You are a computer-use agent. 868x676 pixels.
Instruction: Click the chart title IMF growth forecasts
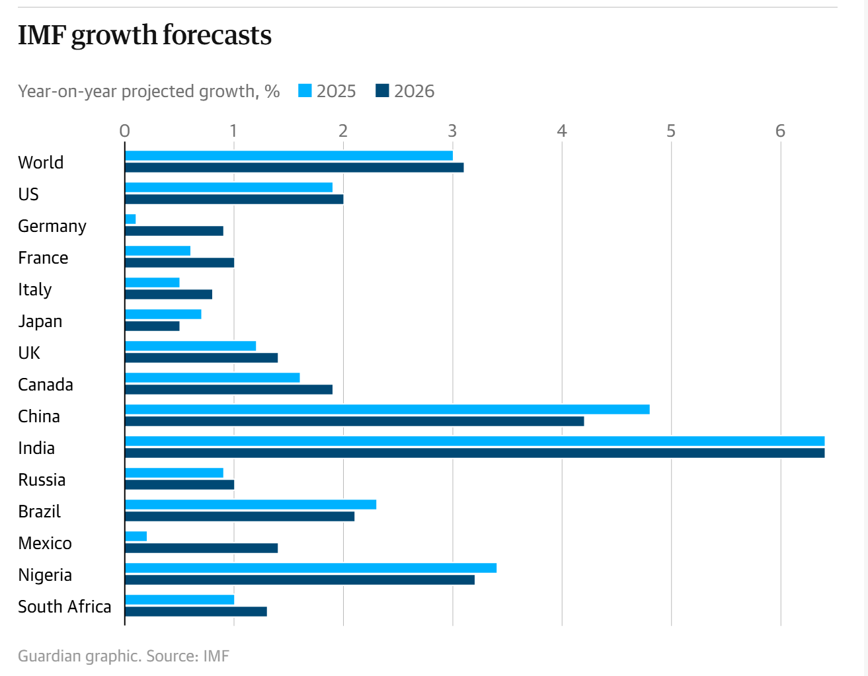(145, 35)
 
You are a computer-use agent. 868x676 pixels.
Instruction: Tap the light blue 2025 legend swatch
(305, 91)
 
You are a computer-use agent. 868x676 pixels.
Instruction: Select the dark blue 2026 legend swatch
(382, 91)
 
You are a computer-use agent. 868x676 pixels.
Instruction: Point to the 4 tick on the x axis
(562, 131)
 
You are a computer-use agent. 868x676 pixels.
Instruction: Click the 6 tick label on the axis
(780, 131)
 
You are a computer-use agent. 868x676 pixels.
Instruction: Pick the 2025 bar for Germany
(130, 219)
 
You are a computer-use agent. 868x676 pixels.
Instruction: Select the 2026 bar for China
(354, 421)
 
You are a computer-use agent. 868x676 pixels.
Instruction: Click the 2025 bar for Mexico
(136, 537)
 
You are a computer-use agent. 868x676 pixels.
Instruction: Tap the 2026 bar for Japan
(152, 326)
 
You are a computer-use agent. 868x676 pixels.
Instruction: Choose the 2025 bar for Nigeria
(311, 568)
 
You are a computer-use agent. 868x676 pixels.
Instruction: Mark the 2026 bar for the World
(294, 167)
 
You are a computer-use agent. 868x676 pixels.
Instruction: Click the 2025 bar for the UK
(190, 346)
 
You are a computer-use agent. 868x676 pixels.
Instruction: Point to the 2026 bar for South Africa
(196, 611)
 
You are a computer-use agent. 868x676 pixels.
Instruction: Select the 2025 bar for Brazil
(251, 505)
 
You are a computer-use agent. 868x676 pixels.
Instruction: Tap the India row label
(36, 448)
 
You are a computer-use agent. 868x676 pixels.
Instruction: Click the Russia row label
(42, 480)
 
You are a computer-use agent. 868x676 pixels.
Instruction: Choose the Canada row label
(46, 385)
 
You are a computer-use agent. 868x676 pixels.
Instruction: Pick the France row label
(43, 258)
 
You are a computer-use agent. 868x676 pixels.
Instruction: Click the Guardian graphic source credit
(124, 656)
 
